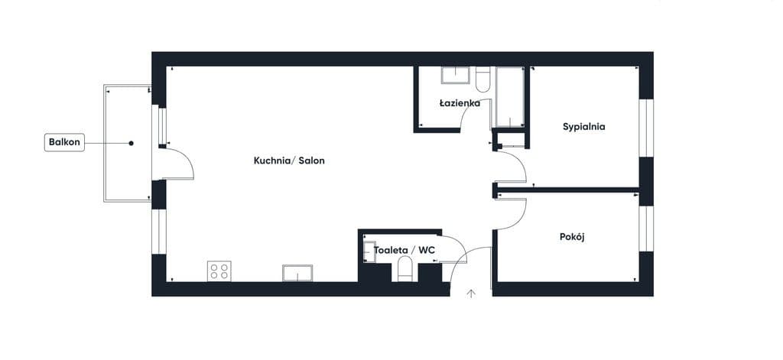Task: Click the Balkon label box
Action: click(x=64, y=142)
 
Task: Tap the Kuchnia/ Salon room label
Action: click(x=289, y=161)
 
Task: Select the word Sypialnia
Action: click(x=583, y=127)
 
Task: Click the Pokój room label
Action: click(x=572, y=237)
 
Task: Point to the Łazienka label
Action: click(x=460, y=103)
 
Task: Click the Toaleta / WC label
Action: click(x=404, y=250)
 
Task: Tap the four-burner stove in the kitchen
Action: click(x=219, y=271)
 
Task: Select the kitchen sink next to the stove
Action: click(x=297, y=273)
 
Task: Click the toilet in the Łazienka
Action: click(x=482, y=79)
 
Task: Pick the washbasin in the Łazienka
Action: click(x=456, y=75)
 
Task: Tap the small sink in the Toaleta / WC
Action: click(x=369, y=251)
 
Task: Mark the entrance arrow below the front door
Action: click(x=471, y=294)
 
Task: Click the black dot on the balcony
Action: click(x=132, y=143)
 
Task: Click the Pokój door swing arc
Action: click(x=520, y=219)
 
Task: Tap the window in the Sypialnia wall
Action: click(x=646, y=128)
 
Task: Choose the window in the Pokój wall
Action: click(x=646, y=229)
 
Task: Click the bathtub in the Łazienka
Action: click(x=509, y=96)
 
